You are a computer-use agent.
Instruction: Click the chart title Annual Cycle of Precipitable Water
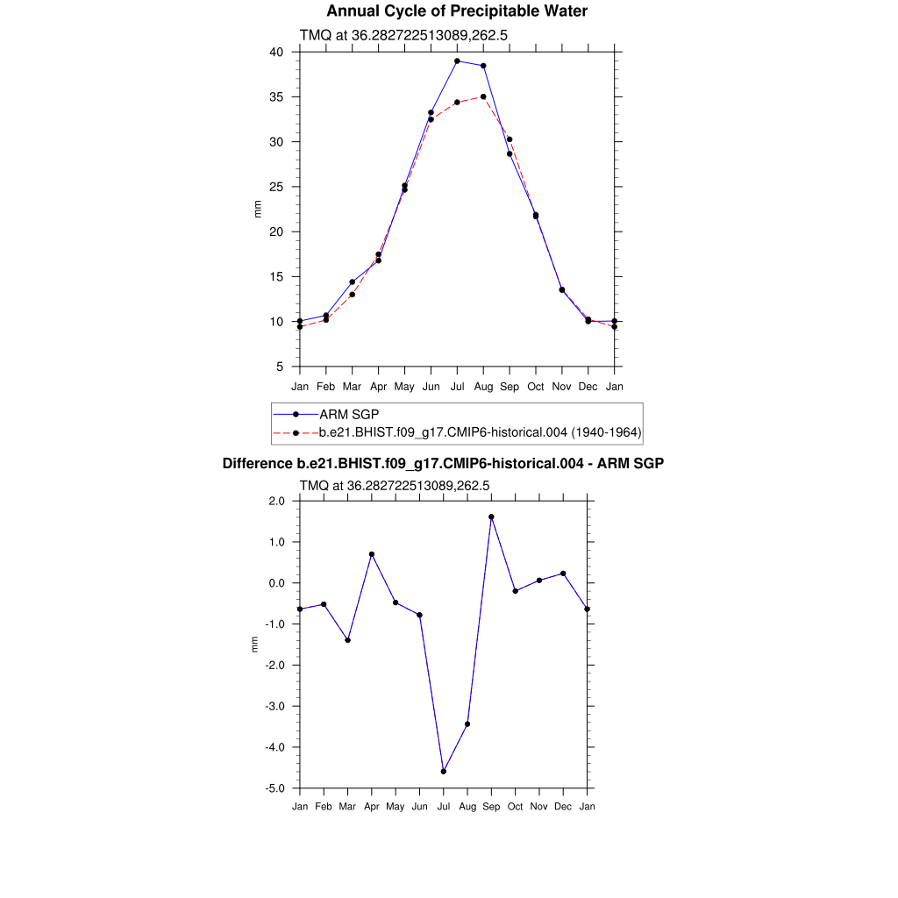tap(457, 11)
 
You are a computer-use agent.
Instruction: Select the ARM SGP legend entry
tap(348, 414)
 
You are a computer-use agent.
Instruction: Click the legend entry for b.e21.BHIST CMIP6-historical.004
tap(480, 432)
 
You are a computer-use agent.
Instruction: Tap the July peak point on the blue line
tap(457, 61)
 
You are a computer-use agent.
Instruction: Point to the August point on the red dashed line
tap(483, 96)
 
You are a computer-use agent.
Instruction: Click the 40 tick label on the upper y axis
tap(276, 52)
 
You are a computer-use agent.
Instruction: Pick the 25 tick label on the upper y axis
tap(276, 187)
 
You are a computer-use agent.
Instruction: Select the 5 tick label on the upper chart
tap(280, 367)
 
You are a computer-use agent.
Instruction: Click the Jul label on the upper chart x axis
tap(457, 387)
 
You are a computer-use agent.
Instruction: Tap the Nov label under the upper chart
tap(562, 387)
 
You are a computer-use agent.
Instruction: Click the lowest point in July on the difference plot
tap(444, 772)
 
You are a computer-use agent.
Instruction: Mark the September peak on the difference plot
tap(491, 517)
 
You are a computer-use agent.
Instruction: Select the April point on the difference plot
tap(372, 554)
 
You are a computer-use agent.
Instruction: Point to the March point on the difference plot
tap(348, 640)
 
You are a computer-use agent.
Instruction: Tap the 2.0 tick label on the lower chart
tap(277, 501)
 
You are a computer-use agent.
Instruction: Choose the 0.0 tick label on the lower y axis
tap(277, 583)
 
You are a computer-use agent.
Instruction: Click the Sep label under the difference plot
tap(491, 807)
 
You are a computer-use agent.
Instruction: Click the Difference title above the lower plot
tap(443, 463)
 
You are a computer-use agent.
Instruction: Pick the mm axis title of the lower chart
tap(255, 645)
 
